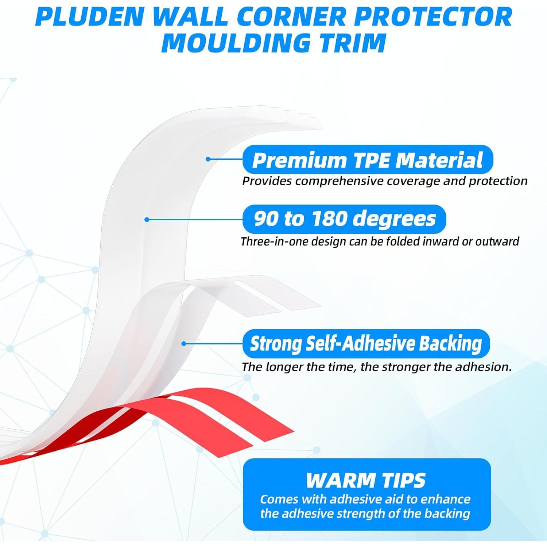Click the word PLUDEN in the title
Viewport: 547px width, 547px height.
point(90,17)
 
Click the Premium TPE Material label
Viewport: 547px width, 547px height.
point(368,160)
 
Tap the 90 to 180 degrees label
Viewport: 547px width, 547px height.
point(344,219)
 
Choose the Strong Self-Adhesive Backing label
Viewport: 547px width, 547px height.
point(366,344)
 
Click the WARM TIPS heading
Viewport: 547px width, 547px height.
point(366,480)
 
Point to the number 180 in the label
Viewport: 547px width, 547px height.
point(329,219)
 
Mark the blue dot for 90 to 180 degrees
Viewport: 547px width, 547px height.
point(147,220)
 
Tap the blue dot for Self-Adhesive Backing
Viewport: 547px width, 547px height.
point(184,344)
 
